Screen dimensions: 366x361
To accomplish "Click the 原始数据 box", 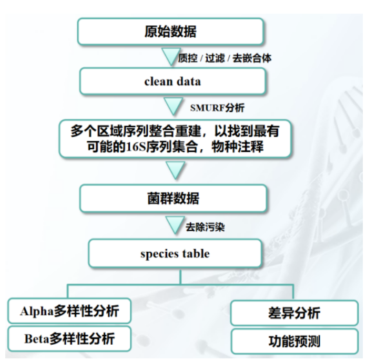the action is click(x=170, y=32).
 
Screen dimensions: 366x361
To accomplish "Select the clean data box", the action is click(x=172, y=81).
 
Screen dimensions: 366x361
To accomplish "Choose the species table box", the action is click(x=175, y=254).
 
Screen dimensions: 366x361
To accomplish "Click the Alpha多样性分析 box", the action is click(x=69, y=311).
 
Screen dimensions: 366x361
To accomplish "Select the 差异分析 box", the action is click(x=294, y=314).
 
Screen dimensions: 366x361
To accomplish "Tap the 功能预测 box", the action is click(x=294, y=342).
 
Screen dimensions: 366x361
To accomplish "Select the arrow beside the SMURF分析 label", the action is click(x=173, y=107).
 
